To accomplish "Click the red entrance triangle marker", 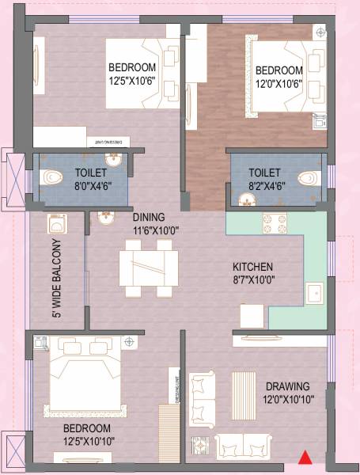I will click(304, 457).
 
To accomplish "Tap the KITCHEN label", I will click(252, 267).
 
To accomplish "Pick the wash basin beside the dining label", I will click(104, 217).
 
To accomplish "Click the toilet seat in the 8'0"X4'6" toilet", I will click(52, 176).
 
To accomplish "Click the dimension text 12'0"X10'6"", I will click(279, 82).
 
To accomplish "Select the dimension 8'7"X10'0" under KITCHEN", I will click(252, 279).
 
